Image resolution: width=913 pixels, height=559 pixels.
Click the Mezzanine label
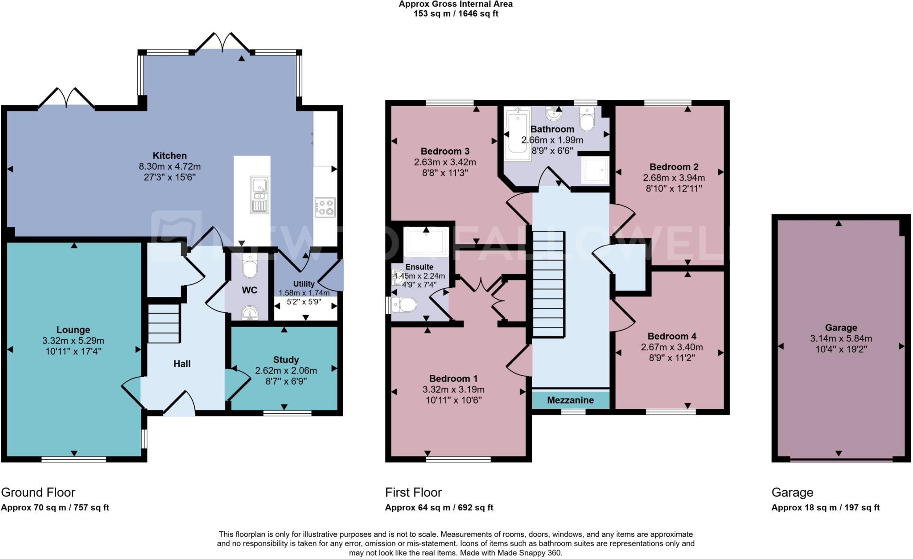pyautogui.click(x=570, y=400)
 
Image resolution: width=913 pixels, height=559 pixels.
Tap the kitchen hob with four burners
pyautogui.click(x=325, y=207)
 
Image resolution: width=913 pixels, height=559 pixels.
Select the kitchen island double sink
pyautogui.click(x=259, y=195)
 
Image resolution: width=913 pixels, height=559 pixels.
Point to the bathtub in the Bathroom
pyautogui.click(x=517, y=134)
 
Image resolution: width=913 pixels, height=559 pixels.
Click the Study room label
pyautogui.click(x=286, y=360)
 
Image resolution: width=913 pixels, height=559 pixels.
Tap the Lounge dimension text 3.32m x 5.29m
pyautogui.click(x=73, y=341)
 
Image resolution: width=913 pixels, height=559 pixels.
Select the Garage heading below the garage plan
pyautogui.click(x=792, y=492)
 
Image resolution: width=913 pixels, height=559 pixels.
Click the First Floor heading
pyautogui.click(x=413, y=492)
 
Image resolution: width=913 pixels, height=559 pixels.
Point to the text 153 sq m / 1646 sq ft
pyautogui.click(x=456, y=14)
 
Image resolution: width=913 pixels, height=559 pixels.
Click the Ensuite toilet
pyautogui.click(x=404, y=305)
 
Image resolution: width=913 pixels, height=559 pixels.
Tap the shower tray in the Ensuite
pyautogui.click(x=426, y=243)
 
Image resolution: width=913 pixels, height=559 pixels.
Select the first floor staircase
pyautogui.click(x=548, y=284)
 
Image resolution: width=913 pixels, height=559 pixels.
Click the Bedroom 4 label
pyautogui.click(x=672, y=336)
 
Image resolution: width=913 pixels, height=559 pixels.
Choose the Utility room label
pyautogui.click(x=304, y=284)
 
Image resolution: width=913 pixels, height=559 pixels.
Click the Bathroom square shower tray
pyautogui.click(x=595, y=170)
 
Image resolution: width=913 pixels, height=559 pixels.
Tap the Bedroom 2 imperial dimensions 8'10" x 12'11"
pyautogui.click(x=674, y=188)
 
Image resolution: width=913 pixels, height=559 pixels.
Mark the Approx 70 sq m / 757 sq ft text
pyautogui.click(x=55, y=507)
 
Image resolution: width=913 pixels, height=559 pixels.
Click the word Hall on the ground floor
pyautogui.click(x=182, y=364)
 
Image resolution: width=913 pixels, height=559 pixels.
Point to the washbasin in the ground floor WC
pyautogui.click(x=250, y=313)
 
